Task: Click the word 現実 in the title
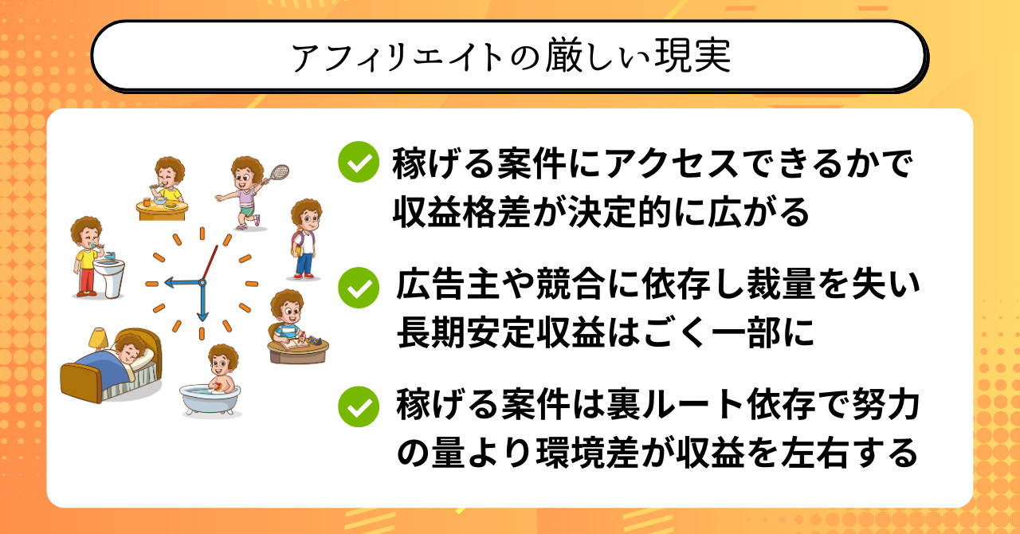pos(692,56)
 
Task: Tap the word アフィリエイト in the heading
pos(397,57)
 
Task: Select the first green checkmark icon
pos(359,162)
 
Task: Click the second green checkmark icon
pos(359,288)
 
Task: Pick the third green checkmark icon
pos(359,406)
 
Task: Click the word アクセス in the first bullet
pos(673,163)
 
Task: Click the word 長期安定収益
pos(501,332)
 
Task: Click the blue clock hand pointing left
pos(183,282)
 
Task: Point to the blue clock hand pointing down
pos(202,301)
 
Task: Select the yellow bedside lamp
pos(98,339)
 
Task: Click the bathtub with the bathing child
pos(210,400)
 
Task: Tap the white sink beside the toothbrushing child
pos(109,277)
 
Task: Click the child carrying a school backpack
pos(306,239)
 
